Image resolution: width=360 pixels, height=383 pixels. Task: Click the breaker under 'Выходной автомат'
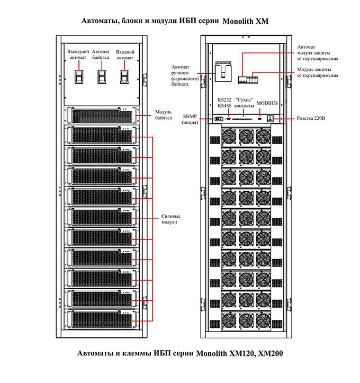click(79, 77)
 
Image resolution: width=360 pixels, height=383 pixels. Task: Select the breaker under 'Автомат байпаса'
click(102, 77)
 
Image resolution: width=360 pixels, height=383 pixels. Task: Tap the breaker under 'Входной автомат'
click(124, 77)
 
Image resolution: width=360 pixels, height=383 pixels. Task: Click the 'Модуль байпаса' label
click(164, 115)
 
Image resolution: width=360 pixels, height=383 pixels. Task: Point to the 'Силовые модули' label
click(170, 219)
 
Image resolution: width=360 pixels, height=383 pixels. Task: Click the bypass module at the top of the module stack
click(102, 115)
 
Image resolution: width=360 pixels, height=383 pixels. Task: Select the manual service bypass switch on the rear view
click(223, 72)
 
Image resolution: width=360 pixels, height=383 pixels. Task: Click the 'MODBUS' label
click(267, 103)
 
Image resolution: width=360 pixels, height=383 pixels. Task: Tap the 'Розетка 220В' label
click(311, 118)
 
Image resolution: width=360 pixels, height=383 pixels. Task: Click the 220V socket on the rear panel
click(271, 119)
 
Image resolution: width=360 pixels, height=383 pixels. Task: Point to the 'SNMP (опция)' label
click(190, 119)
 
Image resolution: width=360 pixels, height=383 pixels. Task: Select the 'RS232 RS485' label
click(224, 103)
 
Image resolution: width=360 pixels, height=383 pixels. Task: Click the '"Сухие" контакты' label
click(244, 103)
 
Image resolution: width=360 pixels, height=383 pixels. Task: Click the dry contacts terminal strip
click(242, 119)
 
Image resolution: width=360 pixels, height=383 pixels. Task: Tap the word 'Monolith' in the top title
click(238, 21)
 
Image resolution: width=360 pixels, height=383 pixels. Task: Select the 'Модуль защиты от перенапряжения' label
click(318, 72)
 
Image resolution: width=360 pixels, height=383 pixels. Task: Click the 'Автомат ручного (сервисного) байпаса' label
click(185, 75)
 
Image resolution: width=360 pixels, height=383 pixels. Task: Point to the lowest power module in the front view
click(102, 319)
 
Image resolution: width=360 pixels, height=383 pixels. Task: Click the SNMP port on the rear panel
click(219, 119)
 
